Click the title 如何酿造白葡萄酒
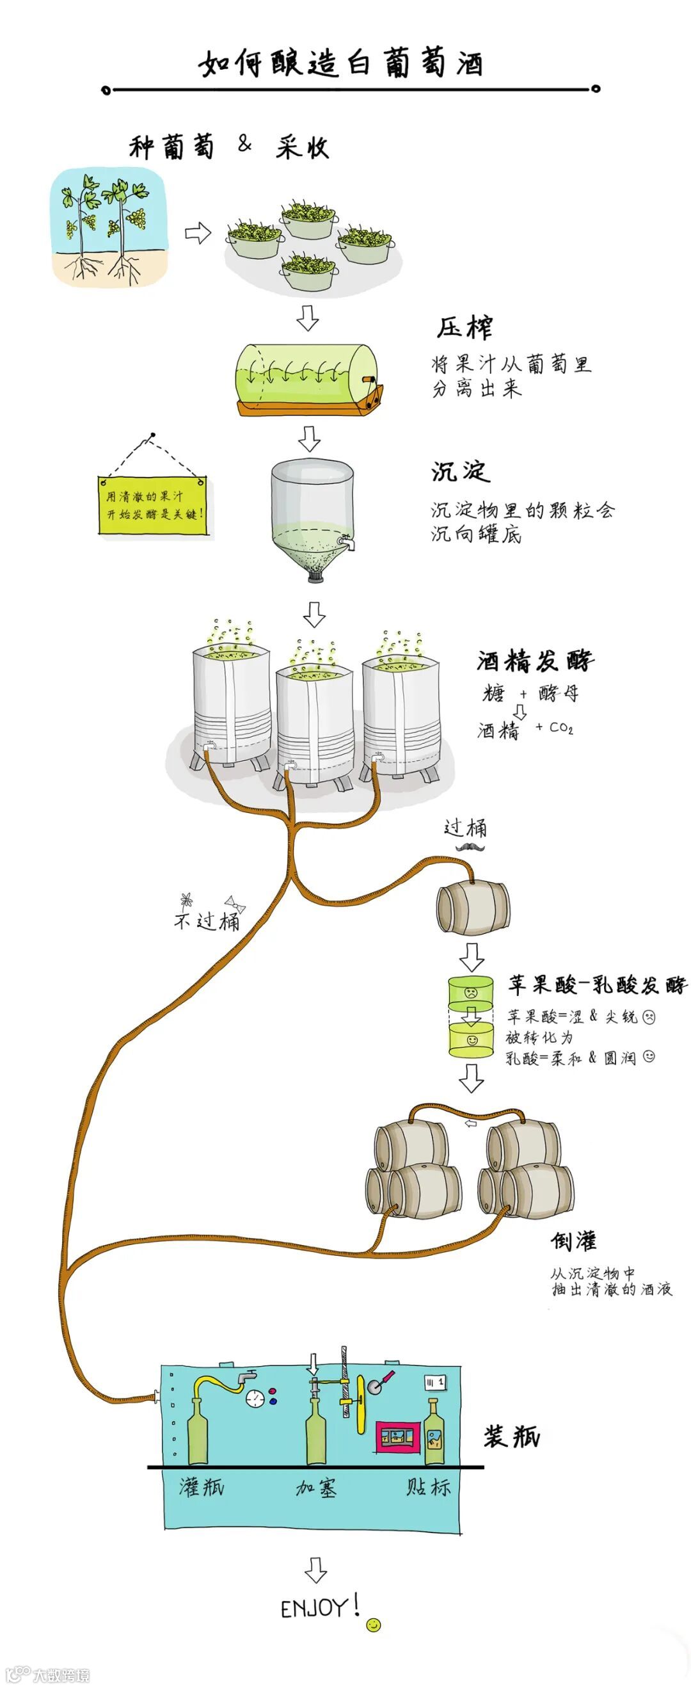point(340,63)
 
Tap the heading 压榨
point(465,328)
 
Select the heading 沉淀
point(460,471)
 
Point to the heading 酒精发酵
point(534,661)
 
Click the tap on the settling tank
point(347,542)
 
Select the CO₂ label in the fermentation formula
point(560,728)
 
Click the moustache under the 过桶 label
point(471,848)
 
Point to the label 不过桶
point(207,920)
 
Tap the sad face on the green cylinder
point(470,992)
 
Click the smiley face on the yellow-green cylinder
point(471,1040)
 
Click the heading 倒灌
point(573,1241)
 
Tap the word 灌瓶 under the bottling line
point(202,1486)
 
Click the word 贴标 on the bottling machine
point(428,1486)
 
